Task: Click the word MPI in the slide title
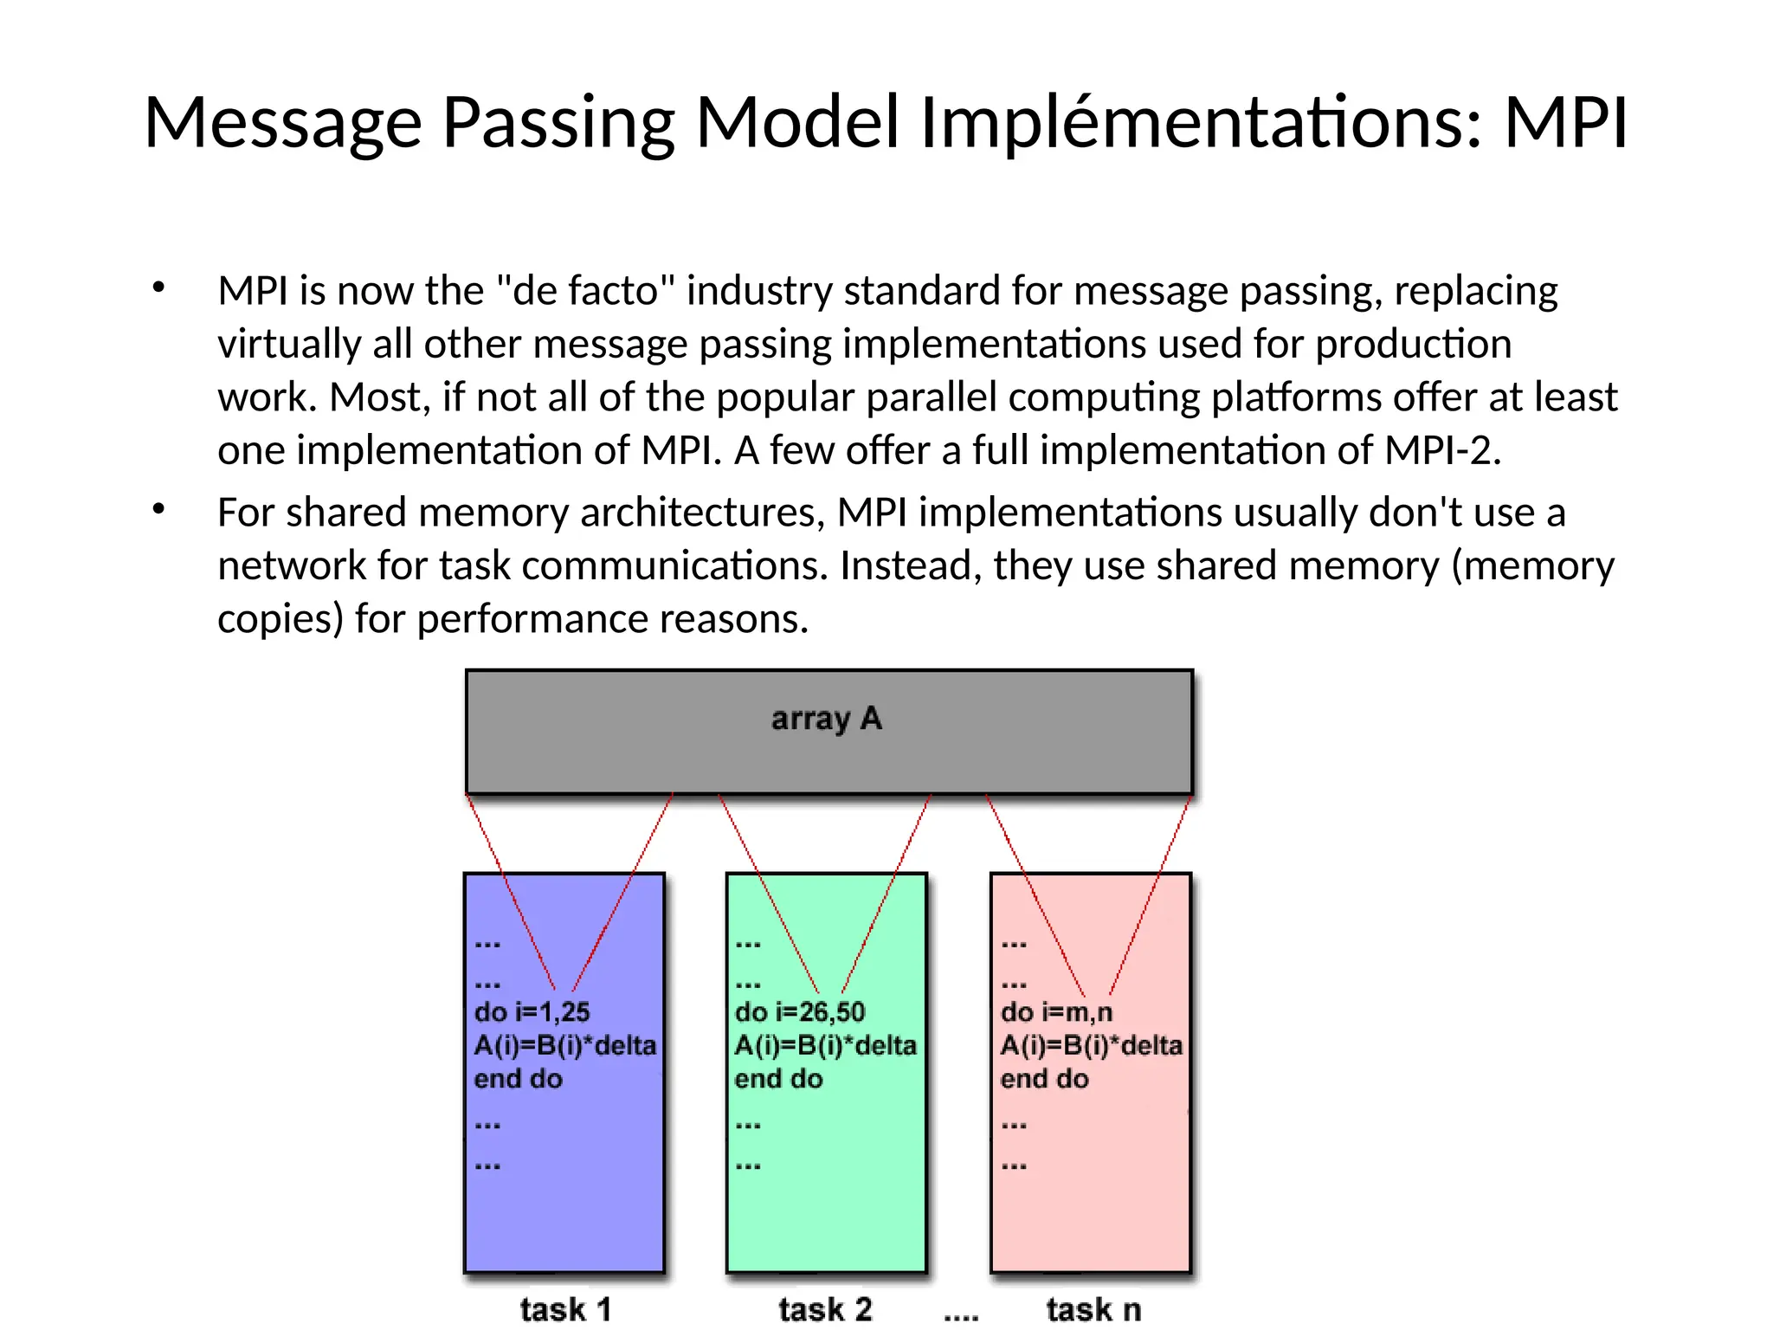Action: point(1565,122)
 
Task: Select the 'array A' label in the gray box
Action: point(826,719)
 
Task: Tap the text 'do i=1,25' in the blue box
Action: point(532,1011)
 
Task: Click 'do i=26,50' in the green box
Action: point(799,1011)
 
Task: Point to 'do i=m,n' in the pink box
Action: point(1056,1011)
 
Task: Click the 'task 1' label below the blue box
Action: point(565,1308)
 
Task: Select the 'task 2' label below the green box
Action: point(825,1308)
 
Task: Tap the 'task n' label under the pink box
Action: point(1093,1308)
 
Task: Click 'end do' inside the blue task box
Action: point(518,1079)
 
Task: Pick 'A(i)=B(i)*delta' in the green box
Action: point(825,1045)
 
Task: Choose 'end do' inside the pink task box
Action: point(1044,1079)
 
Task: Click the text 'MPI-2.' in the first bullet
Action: point(1441,450)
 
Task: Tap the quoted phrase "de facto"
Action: point(585,291)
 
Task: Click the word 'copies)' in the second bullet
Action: point(280,619)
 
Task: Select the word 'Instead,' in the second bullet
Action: point(911,566)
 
